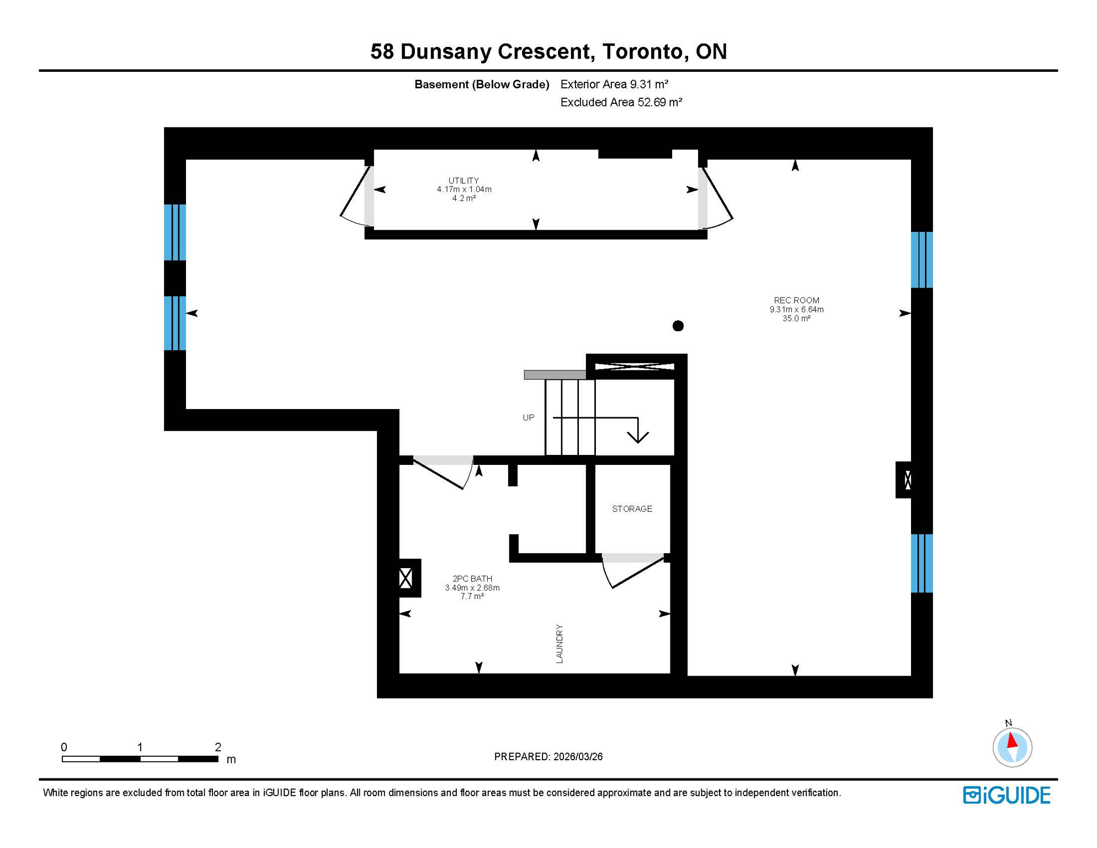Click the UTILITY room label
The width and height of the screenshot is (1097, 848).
click(x=464, y=181)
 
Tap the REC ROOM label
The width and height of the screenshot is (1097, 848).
click(x=796, y=301)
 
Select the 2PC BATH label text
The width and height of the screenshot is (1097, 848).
click(x=472, y=579)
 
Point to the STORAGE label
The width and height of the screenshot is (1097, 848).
click(x=632, y=509)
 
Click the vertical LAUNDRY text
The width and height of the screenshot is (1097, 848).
click(x=560, y=644)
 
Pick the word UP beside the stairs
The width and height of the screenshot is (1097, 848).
click(x=528, y=418)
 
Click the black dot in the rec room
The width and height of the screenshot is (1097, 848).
click(x=678, y=326)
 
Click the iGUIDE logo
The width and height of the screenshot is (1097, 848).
click(x=1007, y=796)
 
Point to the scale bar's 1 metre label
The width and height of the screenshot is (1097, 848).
click(x=140, y=747)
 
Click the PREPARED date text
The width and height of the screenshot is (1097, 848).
click(x=548, y=757)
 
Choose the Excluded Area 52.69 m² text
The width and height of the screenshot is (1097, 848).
click(x=621, y=103)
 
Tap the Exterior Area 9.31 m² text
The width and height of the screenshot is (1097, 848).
click(x=614, y=84)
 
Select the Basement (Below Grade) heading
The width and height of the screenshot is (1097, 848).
click(x=482, y=84)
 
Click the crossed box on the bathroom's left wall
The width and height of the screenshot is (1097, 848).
click(x=406, y=579)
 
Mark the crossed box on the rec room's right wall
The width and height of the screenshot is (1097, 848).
click(x=907, y=480)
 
